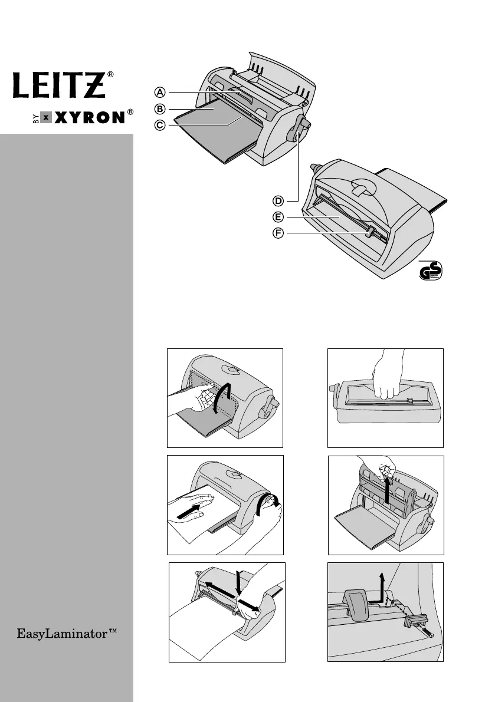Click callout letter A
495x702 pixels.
pos(160,92)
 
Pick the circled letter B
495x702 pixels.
pos(160,108)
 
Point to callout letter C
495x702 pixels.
pos(160,125)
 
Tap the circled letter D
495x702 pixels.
pos(278,202)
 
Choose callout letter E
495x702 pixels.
pos(278,217)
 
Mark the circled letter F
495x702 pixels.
pos(278,234)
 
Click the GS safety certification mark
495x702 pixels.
pos(430,271)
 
